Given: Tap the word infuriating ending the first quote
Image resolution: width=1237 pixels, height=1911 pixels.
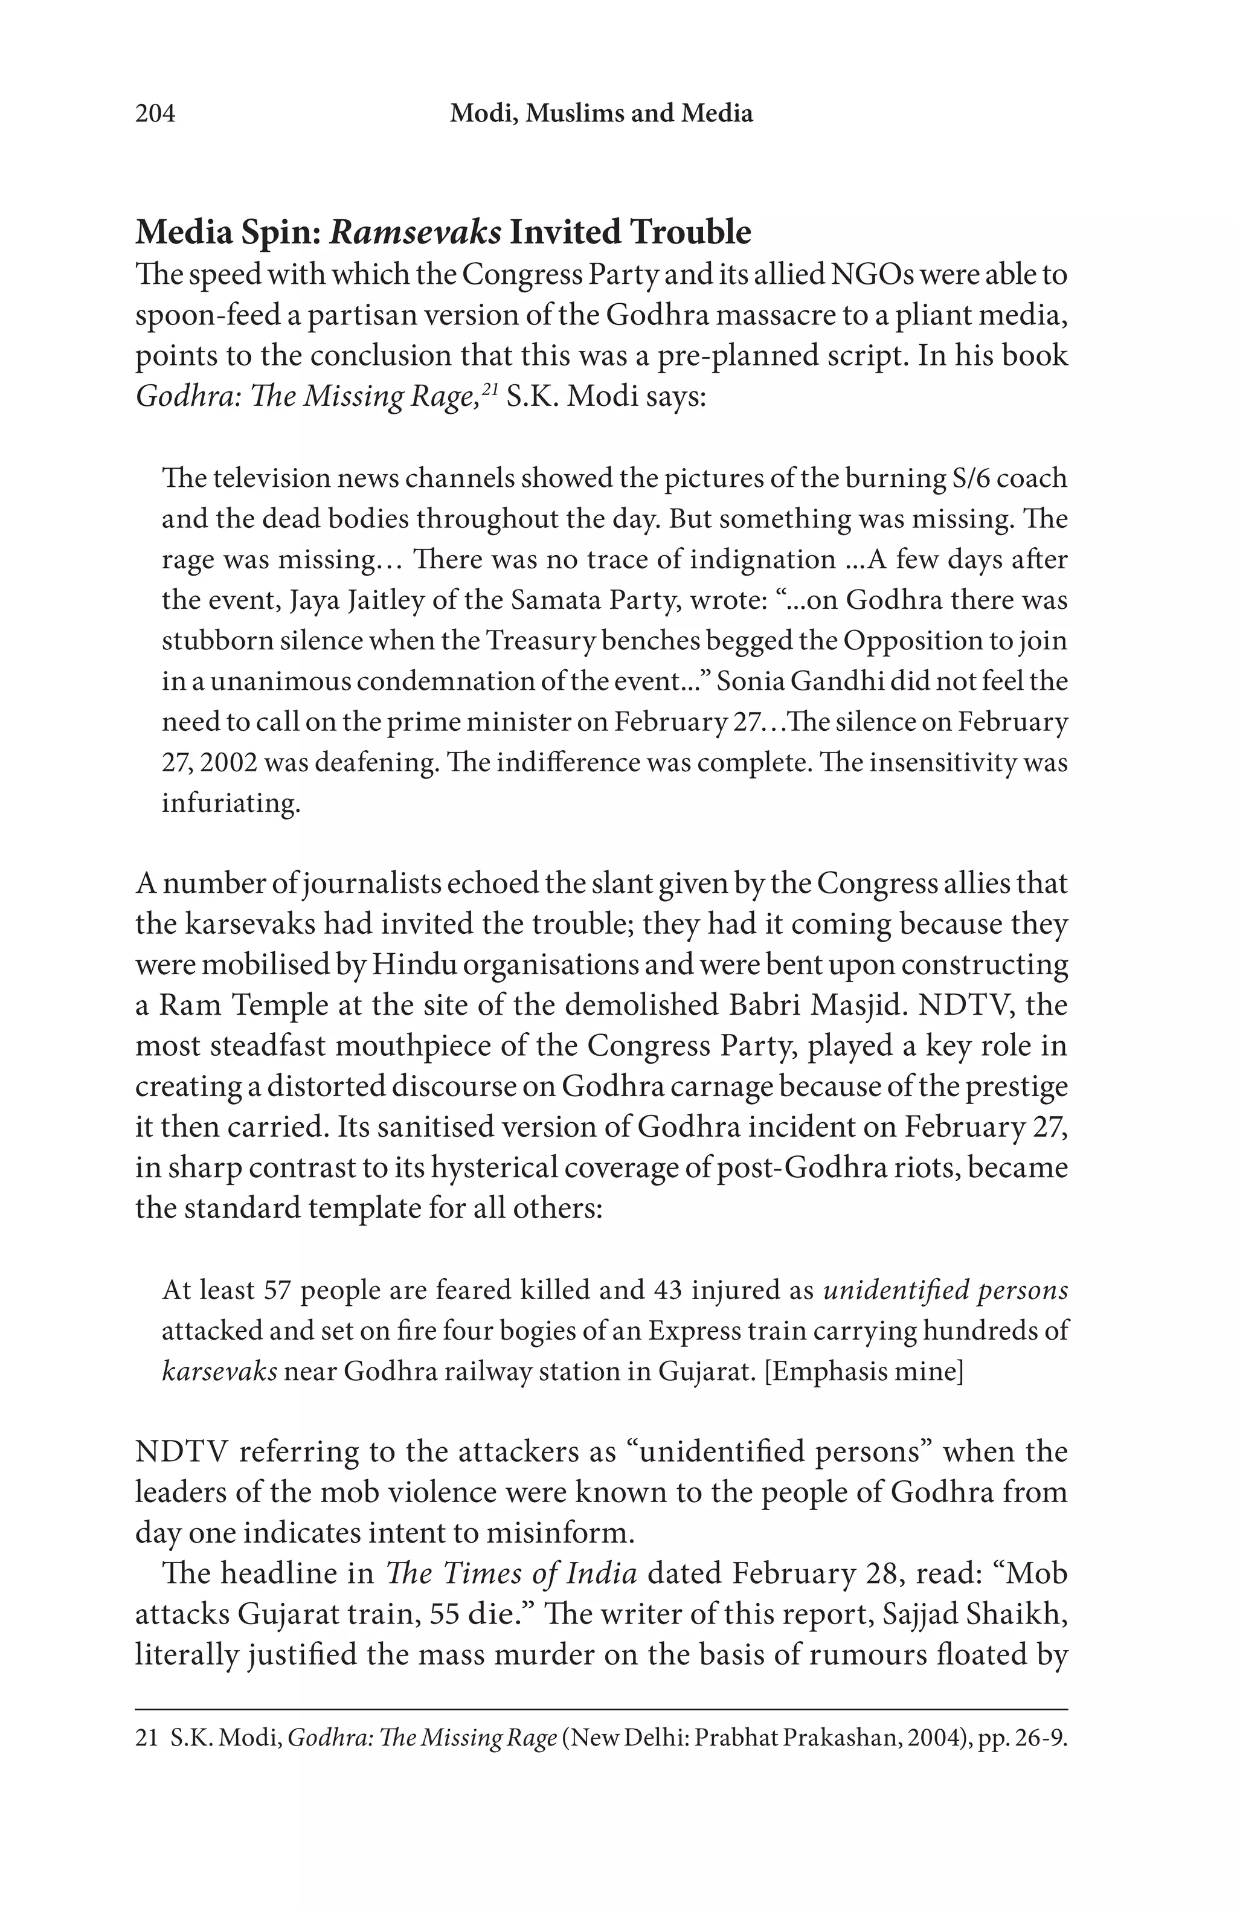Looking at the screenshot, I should pos(230,803).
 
